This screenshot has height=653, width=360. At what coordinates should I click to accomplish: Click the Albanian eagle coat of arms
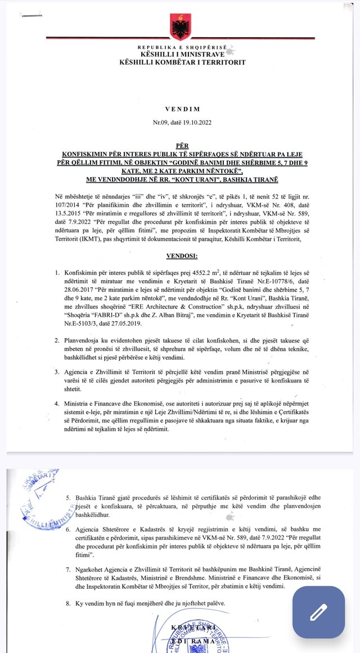[x=181, y=25]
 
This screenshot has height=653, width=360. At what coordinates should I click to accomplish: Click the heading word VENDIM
[x=182, y=109]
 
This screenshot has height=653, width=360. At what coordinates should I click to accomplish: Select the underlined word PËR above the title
[x=182, y=145]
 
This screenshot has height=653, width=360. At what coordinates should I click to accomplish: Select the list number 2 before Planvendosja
[x=57, y=341]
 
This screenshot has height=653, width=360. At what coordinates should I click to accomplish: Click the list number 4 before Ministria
[x=57, y=403]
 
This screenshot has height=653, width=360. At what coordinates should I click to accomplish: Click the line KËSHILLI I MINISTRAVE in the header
[x=182, y=54]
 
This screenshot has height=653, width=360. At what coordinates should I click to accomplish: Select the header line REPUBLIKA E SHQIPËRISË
[x=182, y=47]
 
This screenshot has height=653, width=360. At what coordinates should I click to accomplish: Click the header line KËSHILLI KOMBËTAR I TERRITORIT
[x=182, y=62]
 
